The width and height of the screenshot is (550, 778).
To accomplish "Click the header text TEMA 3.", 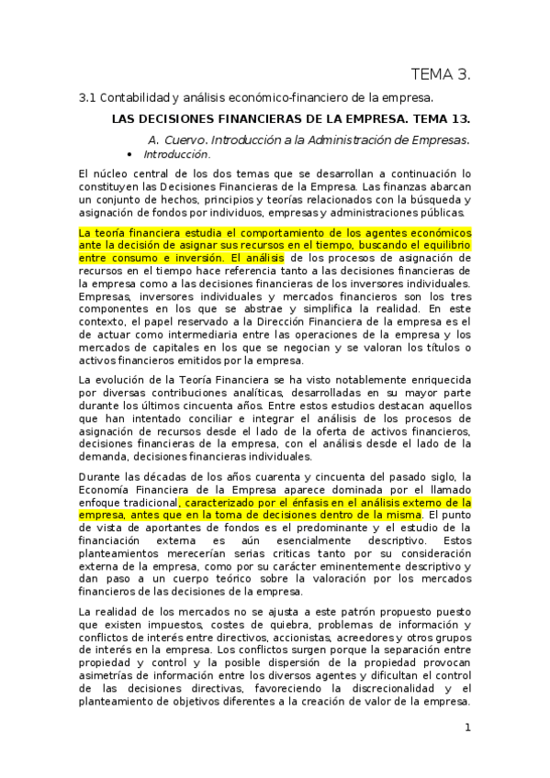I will [440, 73].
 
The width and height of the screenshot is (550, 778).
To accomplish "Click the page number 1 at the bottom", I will [467, 728].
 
